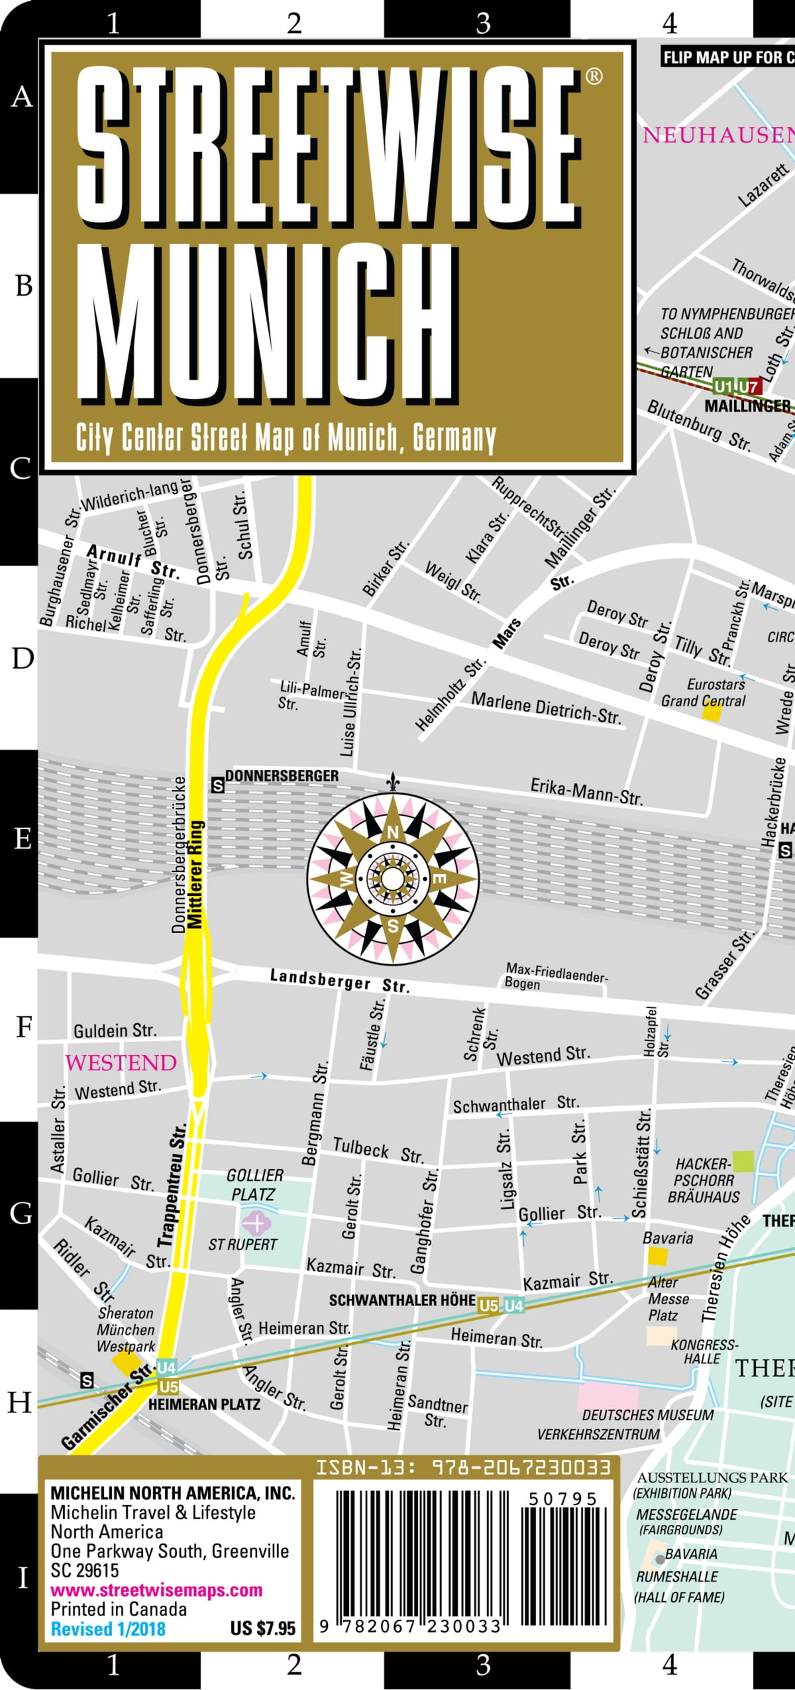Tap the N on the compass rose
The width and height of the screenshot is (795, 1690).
[x=393, y=832]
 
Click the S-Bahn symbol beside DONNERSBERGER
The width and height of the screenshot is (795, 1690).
[x=217, y=786]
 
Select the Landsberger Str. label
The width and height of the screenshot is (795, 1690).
[x=340, y=982]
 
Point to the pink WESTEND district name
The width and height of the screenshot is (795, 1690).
[x=121, y=1063]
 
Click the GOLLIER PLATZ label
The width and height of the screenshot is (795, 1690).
[x=254, y=1184]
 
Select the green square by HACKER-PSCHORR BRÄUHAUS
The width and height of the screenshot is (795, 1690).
[x=743, y=1161]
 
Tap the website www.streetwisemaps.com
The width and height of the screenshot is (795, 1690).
[x=156, y=1590]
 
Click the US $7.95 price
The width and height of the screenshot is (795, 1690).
[x=262, y=1628]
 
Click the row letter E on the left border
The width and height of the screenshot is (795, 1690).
[x=23, y=839]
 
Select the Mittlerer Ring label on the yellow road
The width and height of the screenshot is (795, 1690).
[x=195, y=875]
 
